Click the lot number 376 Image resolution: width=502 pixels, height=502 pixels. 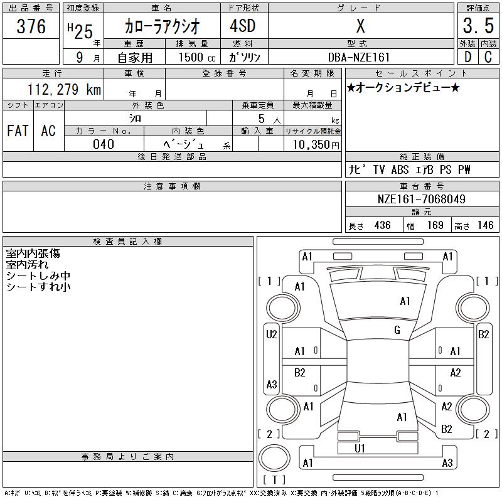click(31, 26)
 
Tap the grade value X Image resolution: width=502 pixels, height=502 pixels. click(360, 26)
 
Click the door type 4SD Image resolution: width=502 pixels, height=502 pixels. click(243, 26)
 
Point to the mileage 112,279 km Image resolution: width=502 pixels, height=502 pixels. click(65, 89)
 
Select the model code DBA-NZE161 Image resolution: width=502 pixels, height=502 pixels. click(359, 57)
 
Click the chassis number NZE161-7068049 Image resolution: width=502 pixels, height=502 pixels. click(421, 199)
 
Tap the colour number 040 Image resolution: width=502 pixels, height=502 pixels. click(104, 144)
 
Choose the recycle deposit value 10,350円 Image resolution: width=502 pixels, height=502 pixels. click(316, 145)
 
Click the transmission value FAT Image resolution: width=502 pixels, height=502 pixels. click(18, 131)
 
